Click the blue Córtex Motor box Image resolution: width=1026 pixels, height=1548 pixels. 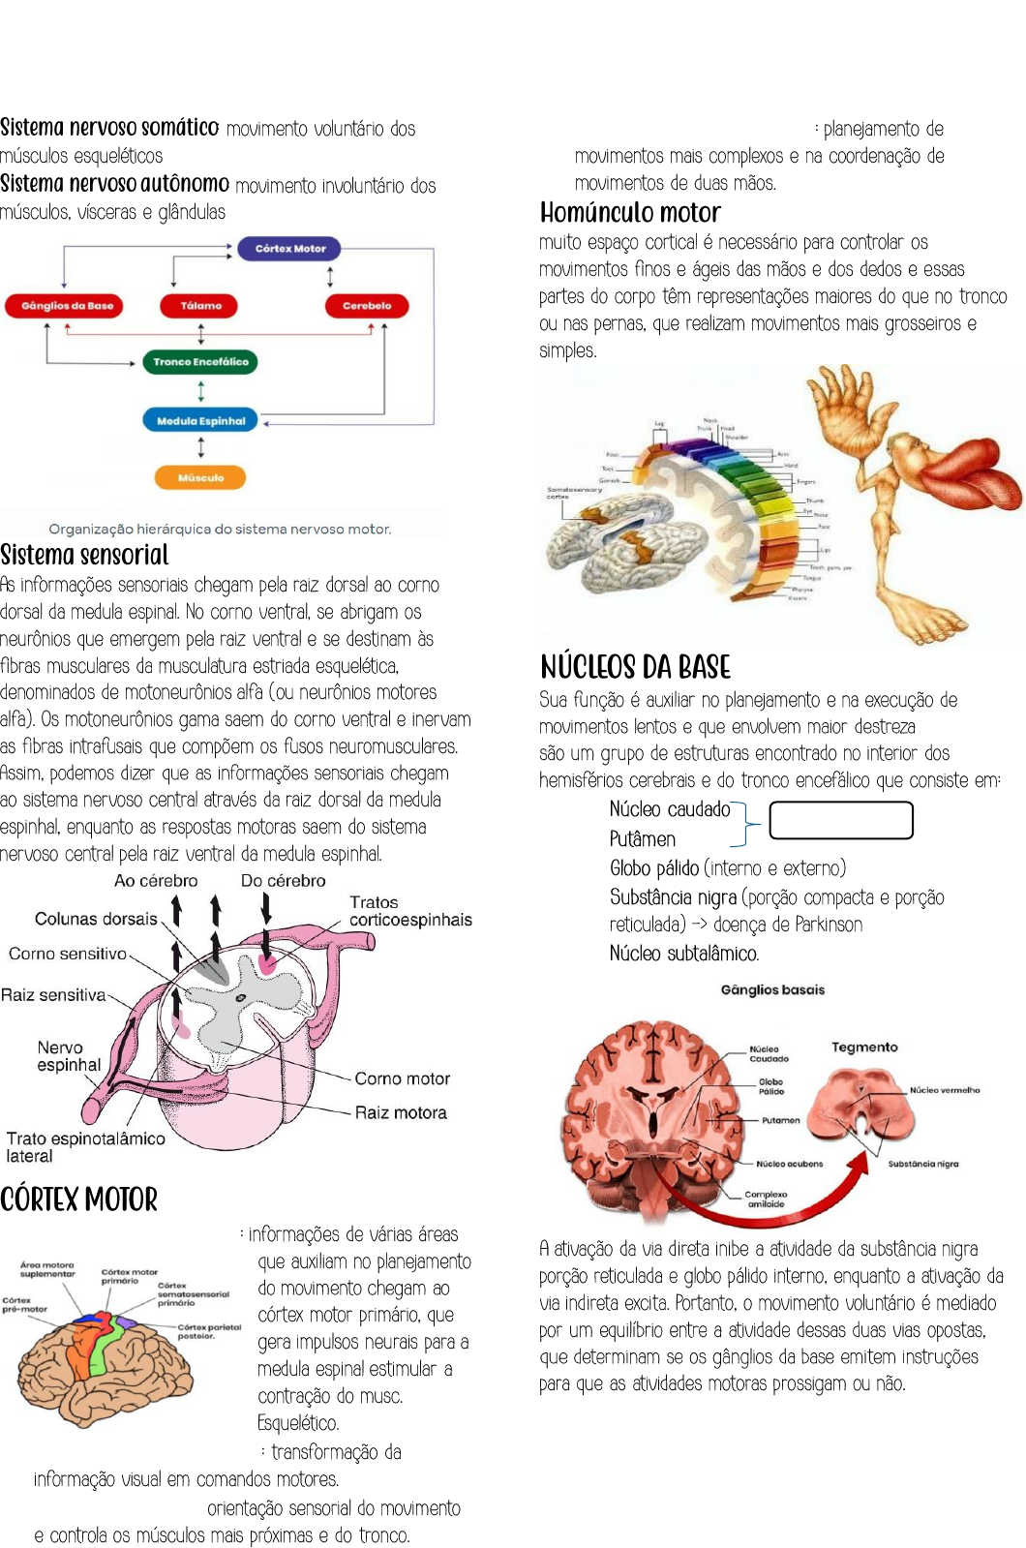point(290,249)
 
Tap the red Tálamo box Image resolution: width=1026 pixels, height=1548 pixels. point(200,306)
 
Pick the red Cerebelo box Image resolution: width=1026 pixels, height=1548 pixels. point(366,306)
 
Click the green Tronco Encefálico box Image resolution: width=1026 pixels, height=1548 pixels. point(200,362)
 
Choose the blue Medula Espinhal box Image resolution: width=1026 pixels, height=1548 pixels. point(200,421)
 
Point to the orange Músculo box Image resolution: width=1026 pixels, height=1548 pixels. point(200,477)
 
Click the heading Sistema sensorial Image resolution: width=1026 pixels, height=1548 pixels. point(84,555)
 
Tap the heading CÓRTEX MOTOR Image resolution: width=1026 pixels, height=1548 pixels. point(78,1199)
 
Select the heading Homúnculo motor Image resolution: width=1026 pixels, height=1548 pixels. point(630,213)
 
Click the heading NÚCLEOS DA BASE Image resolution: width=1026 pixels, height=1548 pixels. point(635,667)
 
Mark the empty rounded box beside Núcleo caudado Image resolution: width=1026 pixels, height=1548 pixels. point(841,820)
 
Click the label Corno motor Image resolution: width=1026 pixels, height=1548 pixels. point(402,1078)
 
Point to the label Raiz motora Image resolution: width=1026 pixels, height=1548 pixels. point(401,1112)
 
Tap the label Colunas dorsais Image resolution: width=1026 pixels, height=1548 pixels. point(96,919)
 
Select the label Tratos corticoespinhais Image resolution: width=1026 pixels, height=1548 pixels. point(410,911)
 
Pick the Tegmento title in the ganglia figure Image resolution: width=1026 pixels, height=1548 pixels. point(864,1047)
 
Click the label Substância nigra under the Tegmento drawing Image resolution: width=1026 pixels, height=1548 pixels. point(923,1164)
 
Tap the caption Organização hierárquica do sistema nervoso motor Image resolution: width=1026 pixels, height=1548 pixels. point(220,529)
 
